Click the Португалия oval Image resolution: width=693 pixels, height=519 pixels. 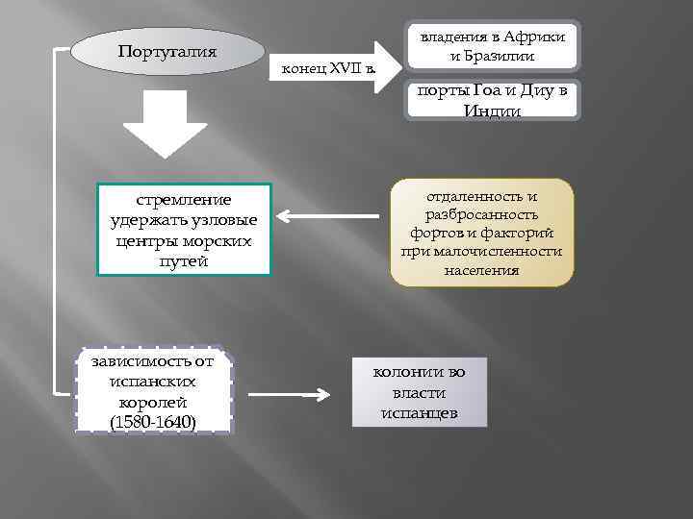pos(167,51)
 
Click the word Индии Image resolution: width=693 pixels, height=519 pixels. pos(493,111)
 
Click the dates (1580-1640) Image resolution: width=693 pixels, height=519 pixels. pos(154,422)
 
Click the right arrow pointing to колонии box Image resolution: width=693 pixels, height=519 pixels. pos(289,394)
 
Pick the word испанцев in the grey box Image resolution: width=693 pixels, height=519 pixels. pos(419,414)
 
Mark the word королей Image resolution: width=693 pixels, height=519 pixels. pos(154,402)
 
